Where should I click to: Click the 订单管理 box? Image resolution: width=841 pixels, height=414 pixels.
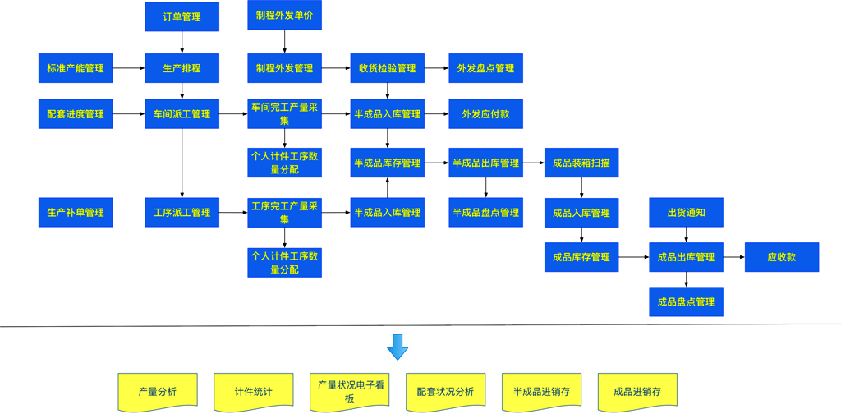(x=182, y=16)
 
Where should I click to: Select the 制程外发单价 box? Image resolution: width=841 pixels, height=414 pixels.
(x=284, y=16)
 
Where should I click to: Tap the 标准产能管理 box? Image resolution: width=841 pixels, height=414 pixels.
(x=76, y=68)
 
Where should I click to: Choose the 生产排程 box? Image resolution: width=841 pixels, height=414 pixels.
(x=182, y=68)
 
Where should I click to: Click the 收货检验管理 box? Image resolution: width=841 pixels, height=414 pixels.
(x=387, y=68)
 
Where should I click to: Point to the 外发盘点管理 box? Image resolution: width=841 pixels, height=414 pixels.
(x=485, y=68)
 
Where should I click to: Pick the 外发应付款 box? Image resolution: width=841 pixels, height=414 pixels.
(x=485, y=114)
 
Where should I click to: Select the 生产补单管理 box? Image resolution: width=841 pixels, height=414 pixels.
(x=76, y=213)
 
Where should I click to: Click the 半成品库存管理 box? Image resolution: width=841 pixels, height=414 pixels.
(x=387, y=163)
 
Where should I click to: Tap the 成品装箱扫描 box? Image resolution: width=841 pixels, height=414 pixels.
(x=581, y=163)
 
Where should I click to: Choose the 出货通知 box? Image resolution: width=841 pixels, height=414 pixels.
(x=686, y=213)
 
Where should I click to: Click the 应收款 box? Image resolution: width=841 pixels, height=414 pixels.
(x=781, y=257)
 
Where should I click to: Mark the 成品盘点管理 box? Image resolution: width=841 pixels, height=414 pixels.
(x=686, y=301)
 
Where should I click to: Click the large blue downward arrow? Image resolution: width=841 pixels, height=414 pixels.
(x=398, y=347)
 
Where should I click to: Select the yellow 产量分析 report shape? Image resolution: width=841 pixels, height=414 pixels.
(x=157, y=391)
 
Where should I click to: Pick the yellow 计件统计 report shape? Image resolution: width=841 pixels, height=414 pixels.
(x=253, y=391)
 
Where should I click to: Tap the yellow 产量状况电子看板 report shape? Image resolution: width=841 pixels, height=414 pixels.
(x=349, y=391)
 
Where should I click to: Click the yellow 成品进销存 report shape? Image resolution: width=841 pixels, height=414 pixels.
(x=637, y=391)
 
